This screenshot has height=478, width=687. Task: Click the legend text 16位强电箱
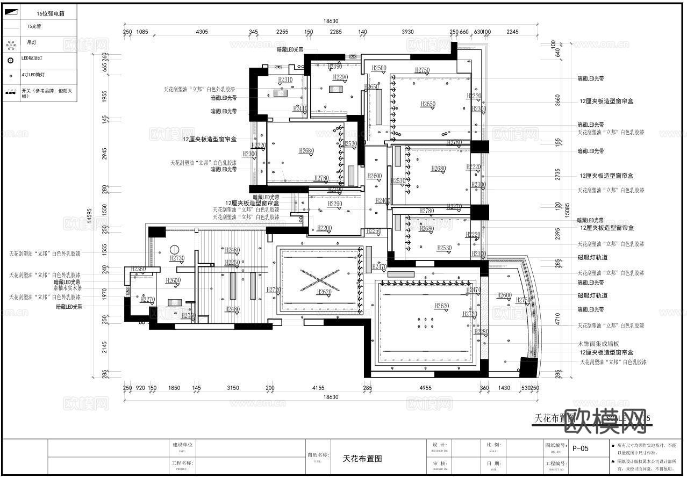click(51, 13)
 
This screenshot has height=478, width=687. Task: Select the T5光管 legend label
click(34, 26)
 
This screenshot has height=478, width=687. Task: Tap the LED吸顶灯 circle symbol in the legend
click(10, 60)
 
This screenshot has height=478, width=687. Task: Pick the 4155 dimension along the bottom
click(318, 388)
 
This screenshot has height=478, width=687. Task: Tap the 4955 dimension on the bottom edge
click(425, 388)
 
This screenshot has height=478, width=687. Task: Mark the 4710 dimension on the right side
click(558, 319)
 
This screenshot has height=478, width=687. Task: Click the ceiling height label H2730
click(177, 258)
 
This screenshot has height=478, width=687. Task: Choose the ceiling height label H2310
click(285, 80)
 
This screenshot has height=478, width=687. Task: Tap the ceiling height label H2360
click(138, 269)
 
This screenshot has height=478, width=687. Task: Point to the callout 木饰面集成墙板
click(598, 344)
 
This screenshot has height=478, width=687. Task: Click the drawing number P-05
click(581, 448)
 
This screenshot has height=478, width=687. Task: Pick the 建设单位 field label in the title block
click(182, 445)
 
